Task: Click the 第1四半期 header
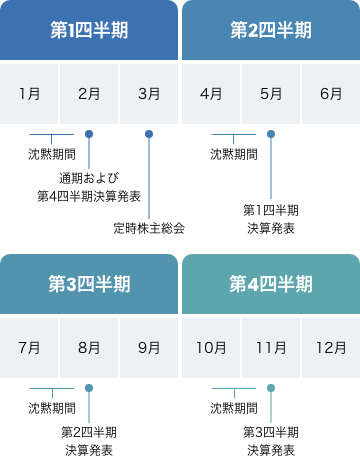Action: tap(89, 30)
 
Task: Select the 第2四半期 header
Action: tap(271, 30)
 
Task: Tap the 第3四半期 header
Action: tap(89, 284)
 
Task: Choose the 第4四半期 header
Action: tap(271, 284)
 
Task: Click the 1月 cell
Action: tap(29, 94)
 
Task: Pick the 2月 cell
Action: tap(89, 94)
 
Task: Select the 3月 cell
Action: tap(149, 94)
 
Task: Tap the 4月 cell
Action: tap(211, 94)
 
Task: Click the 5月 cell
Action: tap(271, 94)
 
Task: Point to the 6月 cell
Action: tap(331, 94)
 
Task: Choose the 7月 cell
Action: tap(29, 348)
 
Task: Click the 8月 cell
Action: tap(89, 348)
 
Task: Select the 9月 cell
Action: tap(149, 348)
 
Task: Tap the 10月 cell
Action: tap(211, 348)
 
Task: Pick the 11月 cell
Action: tap(271, 348)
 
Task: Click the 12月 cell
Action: tap(331, 348)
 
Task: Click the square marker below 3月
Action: tap(149, 134)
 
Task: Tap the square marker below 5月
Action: tap(271, 134)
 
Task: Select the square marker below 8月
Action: tap(89, 388)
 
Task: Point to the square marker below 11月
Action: tap(271, 388)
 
